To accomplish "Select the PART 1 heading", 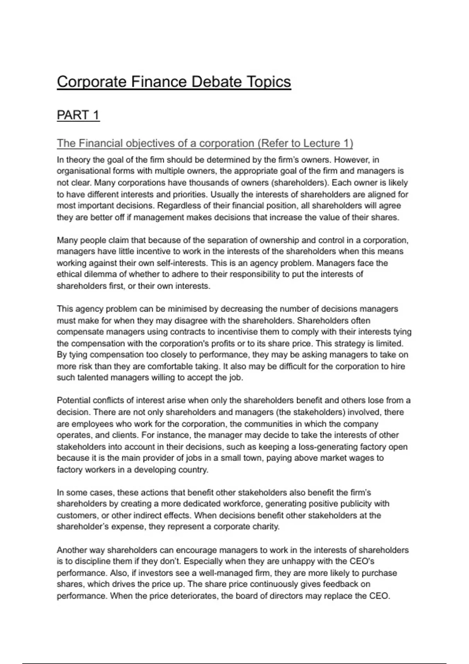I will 78,115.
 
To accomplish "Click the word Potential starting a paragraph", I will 74,401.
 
